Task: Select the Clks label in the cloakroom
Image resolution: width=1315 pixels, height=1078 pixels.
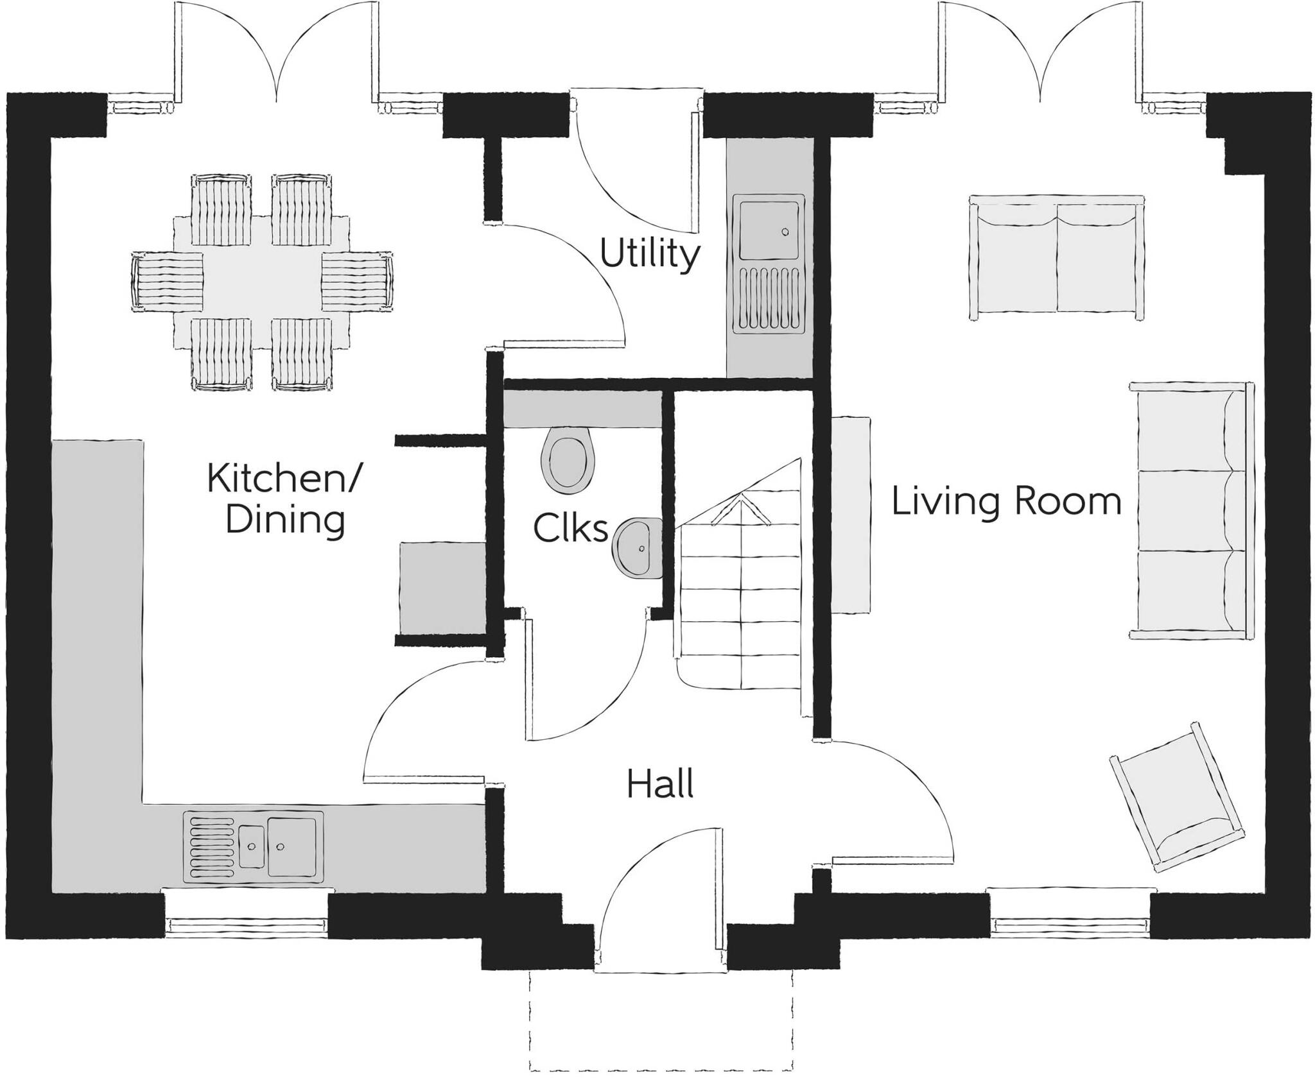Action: (x=570, y=529)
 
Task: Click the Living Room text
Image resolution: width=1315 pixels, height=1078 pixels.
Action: (x=1006, y=501)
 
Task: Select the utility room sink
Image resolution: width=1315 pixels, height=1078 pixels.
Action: (x=771, y=230)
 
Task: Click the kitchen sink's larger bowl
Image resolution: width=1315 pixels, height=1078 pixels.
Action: (x=292, y=846)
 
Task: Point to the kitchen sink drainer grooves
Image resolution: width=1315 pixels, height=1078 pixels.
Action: (x=211, y=846)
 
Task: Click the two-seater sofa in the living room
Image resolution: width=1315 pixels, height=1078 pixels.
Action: (x=1056, y=257)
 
